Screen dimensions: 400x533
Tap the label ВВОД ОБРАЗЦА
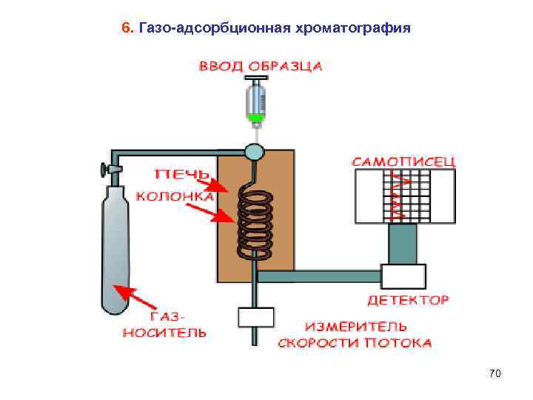coord(260,65)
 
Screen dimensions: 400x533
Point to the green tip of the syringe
coord(255,117)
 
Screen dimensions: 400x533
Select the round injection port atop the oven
coord(255,151)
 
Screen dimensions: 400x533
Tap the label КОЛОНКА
coord(175,196)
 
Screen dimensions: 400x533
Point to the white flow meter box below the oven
coord(255,317)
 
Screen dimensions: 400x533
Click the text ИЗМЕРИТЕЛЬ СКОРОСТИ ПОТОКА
coord(355,334)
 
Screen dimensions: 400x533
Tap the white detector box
coord(403,276)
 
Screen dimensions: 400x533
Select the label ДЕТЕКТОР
coord(408,300)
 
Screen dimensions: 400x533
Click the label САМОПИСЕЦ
coord(403,161)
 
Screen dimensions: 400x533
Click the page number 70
coord(495,374)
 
